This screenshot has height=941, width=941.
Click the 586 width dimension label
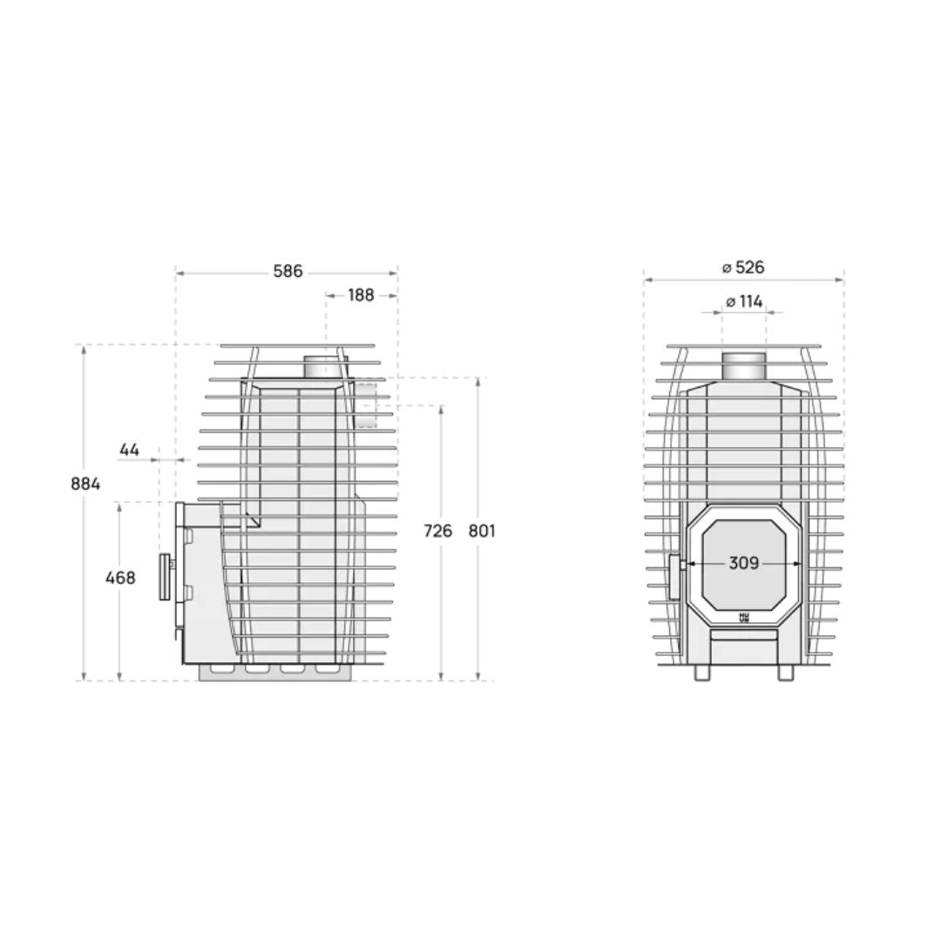[288, 272]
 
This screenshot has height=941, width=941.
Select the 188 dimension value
[361, 295]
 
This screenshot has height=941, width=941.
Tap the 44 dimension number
[129, 450]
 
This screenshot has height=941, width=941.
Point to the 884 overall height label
[86, 484]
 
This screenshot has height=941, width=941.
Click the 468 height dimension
[120, 577]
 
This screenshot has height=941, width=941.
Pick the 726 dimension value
[437, 530]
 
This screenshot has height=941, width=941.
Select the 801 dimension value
[480, 530]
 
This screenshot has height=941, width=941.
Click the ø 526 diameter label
[743, 267]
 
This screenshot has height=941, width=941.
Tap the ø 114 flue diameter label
[743, 301]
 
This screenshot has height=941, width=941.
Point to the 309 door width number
[743, 564]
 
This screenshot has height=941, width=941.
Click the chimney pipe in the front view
[743, 367]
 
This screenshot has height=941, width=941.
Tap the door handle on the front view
[674, 577]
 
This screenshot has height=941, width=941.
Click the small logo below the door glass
[743, 617]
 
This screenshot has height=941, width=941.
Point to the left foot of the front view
[702, 674]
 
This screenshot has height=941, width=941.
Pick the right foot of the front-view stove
[785, 674]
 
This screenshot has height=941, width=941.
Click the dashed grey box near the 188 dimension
[365, 403]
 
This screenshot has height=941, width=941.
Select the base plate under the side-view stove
[277, 672]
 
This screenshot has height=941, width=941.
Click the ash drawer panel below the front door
[743, 647]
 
